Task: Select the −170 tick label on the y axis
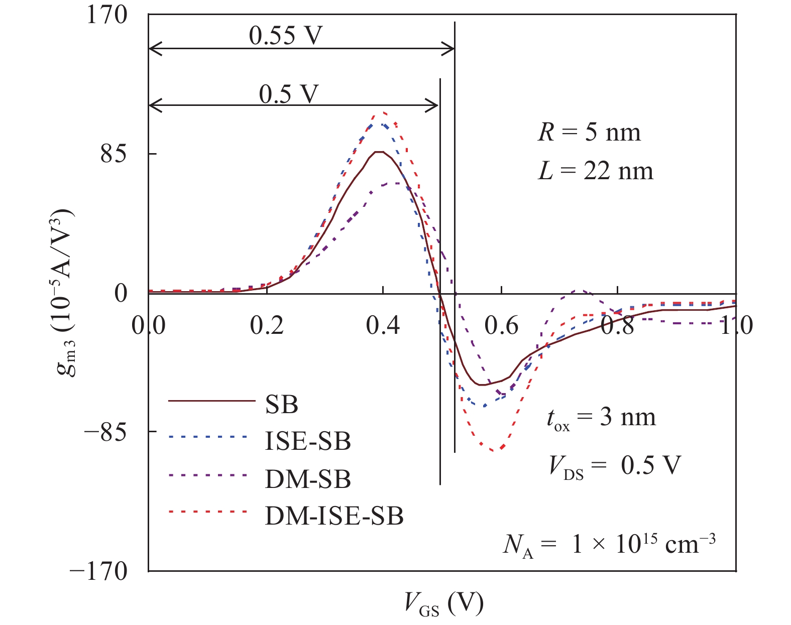pos(99,571)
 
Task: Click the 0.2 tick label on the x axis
pos(267,326)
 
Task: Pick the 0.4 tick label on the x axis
pos(383,326)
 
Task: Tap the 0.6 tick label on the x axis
pos(501,326)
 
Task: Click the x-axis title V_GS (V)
pos(444,603)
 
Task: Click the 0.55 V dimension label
pos(285,35)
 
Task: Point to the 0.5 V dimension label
pos(289,93)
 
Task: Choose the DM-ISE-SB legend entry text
pos(334,516)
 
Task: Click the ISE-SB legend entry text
pos(307,441)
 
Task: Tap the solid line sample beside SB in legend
pos(211,401)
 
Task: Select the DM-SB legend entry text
pos(307,479)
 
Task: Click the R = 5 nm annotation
pos(590,133)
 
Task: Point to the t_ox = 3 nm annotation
pos(601,419)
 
